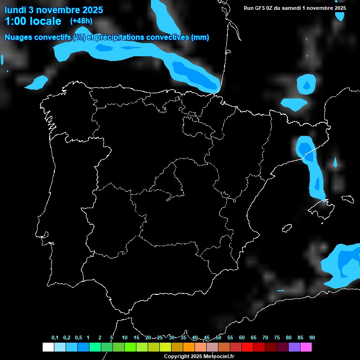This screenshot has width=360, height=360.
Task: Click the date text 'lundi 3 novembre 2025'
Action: click(x=54, y=9)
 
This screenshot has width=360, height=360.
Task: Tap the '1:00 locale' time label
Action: click(x=33, y=21)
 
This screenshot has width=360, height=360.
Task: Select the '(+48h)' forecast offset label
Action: click(x=81, y=21)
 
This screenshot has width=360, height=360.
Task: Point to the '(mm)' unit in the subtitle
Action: click(x=200, y=37)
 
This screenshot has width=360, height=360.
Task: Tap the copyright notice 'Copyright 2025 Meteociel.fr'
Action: click(x=199, y=356)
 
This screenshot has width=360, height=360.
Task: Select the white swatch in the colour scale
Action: click(x=48, y=347)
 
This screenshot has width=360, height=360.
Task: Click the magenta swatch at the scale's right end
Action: click(x=306, y=347)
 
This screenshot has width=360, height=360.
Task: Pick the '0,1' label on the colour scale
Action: click(x=55, y=338)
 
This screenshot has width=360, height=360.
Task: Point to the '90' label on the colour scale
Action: click(x=312, y=338)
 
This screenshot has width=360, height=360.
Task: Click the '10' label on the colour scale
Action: click(x=124, y=338)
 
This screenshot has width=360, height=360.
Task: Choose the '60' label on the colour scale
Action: click(x=241, y=338)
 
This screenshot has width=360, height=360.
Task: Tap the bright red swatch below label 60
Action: click(x=247, y=347)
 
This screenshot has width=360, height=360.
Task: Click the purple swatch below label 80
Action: click(x=294, y=347)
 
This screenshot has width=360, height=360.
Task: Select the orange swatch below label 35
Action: click(x=188, y=347)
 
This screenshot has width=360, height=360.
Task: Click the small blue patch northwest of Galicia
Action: click(x=37, y=83)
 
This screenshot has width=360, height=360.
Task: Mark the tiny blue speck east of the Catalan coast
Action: click(x=335, y=163)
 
